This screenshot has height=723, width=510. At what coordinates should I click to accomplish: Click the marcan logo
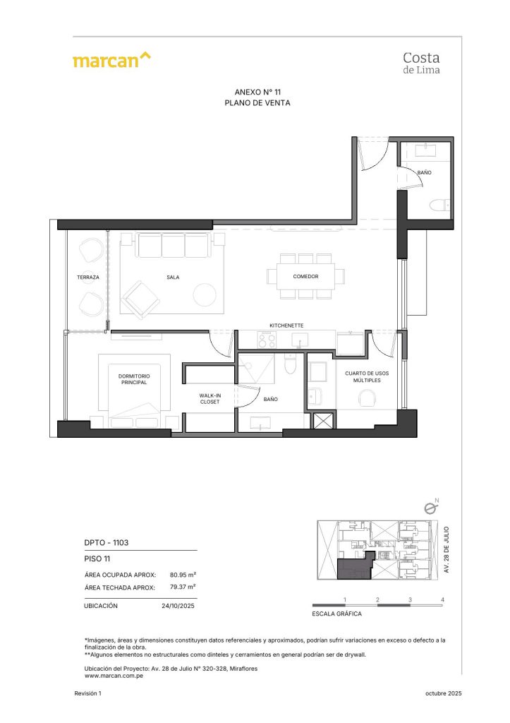(111, 60)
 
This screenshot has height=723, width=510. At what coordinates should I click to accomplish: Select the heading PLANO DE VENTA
(257, 103)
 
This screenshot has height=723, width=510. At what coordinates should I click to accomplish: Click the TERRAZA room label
(88, 277)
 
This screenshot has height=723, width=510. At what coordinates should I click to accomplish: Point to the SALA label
(173, 277)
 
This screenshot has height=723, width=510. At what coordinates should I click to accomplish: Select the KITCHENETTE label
(286, 325)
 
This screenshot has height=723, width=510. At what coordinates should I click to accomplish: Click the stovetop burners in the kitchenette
(267, 340)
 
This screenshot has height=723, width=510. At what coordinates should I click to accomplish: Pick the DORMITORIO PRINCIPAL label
(133, 379)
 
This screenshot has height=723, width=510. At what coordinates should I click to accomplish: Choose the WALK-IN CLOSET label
(210, 398)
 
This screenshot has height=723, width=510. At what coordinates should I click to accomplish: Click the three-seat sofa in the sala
(172, 246)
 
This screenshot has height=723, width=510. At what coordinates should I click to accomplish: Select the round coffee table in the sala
(205, 294)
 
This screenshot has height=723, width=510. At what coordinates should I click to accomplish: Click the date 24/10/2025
(178, 606)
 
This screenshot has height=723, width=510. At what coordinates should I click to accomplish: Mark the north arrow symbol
(430, 506)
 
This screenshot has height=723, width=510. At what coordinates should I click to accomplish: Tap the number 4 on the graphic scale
(442, 600)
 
